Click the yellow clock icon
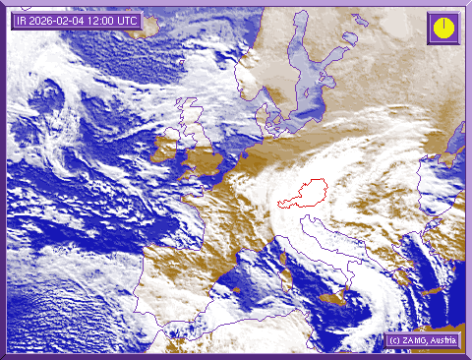click(x=443, y=27)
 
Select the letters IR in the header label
click(x=22, y=21)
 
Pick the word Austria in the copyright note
click(x=444, y=340)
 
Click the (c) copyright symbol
click(x=393, y=340)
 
